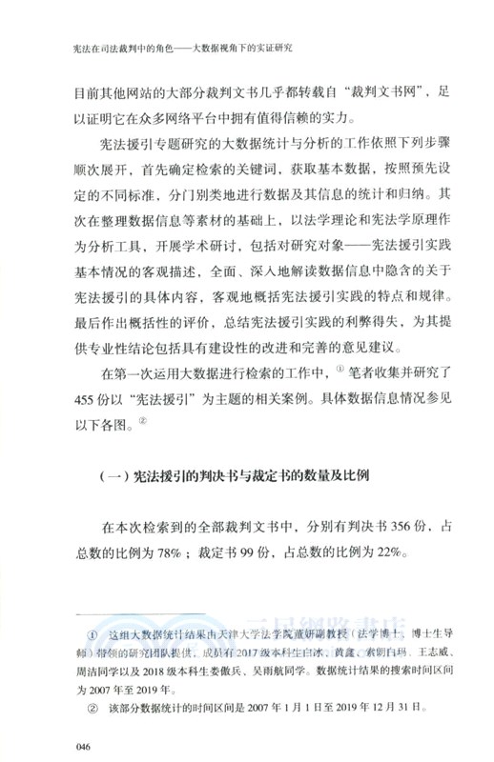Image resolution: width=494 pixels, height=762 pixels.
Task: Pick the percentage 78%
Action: point(160,552)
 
